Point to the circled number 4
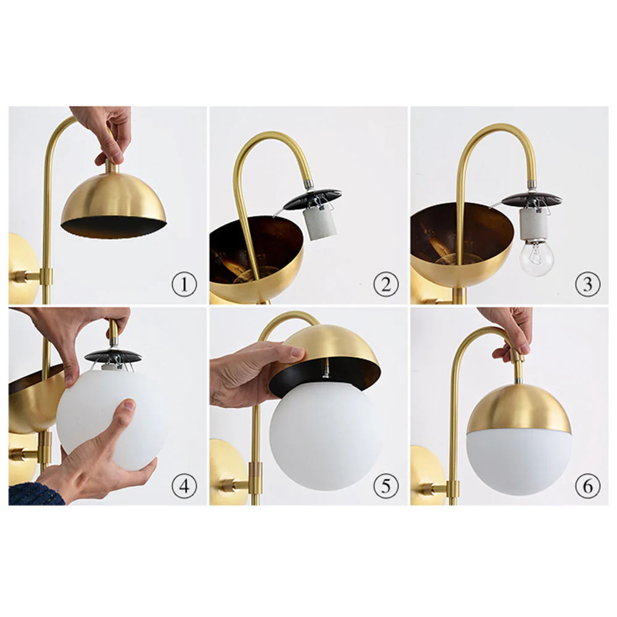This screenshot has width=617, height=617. [x=184, y=486]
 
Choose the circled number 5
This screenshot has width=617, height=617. [x=386, y=486]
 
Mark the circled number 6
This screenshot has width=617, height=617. [x=587, y=486]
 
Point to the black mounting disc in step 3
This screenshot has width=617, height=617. [x=531, y=199]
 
